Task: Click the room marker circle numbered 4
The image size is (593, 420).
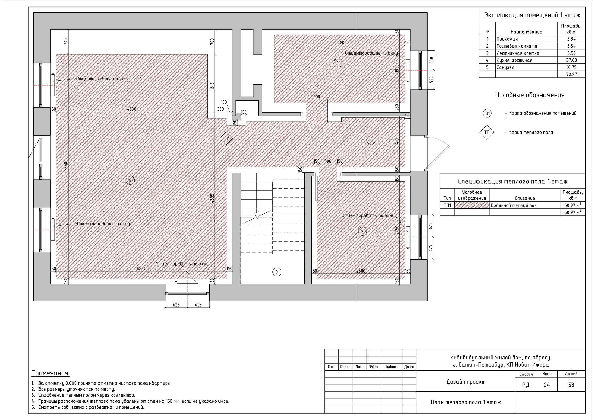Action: point(130,180)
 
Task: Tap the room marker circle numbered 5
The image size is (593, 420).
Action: point(338,63)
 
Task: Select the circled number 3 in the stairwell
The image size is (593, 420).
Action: point(277,272)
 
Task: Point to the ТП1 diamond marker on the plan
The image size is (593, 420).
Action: point(226,138)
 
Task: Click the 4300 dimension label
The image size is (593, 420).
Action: point(132,109)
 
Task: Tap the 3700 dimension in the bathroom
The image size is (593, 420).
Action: point(340,43)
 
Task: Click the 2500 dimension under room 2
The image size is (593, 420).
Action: point(361,271)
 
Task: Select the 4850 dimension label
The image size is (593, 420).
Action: point(141,269)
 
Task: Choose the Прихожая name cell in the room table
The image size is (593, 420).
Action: point(507,39)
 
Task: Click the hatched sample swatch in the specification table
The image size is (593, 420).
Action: point(472,205)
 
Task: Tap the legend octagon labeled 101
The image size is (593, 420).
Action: point(487,113)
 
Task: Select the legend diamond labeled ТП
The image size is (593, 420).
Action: point(487,132)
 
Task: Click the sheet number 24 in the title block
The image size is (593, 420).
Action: point(546,385)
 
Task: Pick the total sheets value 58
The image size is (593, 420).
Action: point(571,385)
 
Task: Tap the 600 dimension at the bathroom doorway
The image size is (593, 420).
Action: point(317,97)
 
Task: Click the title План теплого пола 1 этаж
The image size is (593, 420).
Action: point(466,402)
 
